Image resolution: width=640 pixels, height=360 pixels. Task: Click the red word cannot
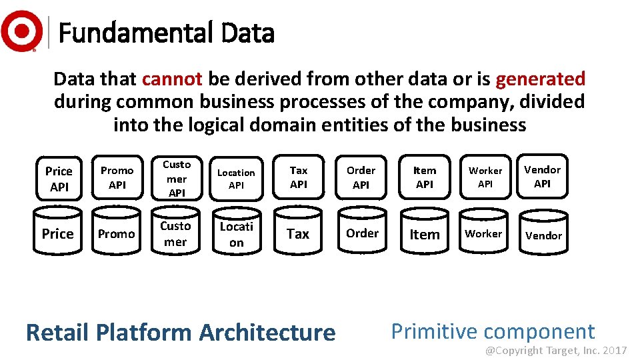(x=172, y=79)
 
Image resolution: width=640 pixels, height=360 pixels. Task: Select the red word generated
(x=540, y=79)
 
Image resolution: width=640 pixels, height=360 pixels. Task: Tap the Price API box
(x=59, y=179)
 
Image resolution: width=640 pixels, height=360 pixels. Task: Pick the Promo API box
(x=117, y=178)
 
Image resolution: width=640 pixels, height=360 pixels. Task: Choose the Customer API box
(x=177, y=178)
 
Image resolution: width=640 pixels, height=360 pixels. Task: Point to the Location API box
(x=237, y=179)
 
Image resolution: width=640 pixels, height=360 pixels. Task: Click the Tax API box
(x=299, y=177)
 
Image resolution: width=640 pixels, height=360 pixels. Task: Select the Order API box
(x=361, y=177)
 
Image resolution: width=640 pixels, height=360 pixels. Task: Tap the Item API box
(x=425, y=177)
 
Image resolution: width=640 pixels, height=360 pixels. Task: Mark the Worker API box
(x=485, y=177)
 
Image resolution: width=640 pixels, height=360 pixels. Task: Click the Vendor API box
(x=543, y=177)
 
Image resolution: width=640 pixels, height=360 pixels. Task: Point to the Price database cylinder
(x=58, y=233)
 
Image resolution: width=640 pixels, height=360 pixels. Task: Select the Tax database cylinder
(x=298, y=233)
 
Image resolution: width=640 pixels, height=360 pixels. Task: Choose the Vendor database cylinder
(x=543, y=235)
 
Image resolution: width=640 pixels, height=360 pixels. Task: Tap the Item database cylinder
(x=425, y=234)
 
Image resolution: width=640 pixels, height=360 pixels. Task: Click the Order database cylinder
(x=362, y=233)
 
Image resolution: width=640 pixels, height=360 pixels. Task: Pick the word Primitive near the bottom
(x=433, y=331)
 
